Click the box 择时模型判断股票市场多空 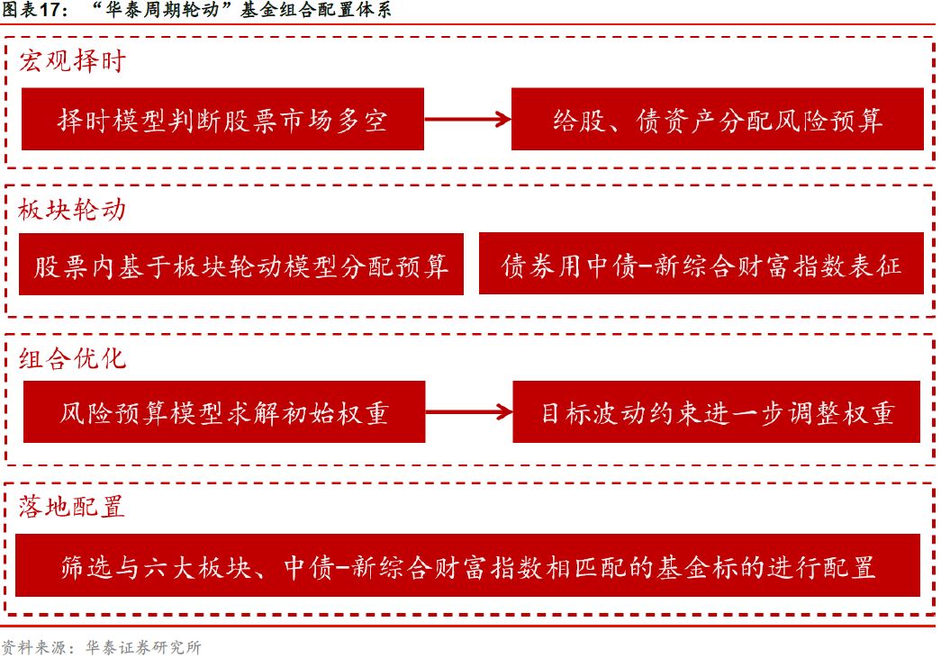pos(222,119)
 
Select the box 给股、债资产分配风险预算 pos(717,119)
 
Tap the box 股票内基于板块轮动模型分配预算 pos(240,265)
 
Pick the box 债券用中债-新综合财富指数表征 pos(701,265)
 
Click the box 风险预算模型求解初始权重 pos(223,412)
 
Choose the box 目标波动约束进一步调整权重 pos(717,412)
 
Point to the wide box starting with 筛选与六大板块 pos(468,565)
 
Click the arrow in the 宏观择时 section pos(467,119)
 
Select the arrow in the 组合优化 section pos(468,412)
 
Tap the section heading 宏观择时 pos(72,61)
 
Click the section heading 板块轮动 pos(72,210)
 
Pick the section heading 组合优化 pos(72,357)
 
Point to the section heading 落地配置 pos(72,506)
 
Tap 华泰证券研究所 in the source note pos(143,646)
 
